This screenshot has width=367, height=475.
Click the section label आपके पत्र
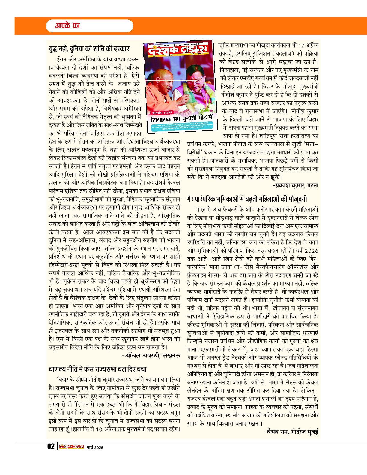[x=67, y=26]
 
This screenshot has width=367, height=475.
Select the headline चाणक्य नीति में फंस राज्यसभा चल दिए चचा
[x=97, y=369]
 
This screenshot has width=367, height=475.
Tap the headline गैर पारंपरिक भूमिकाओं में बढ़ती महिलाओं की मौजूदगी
[x=247, y=199]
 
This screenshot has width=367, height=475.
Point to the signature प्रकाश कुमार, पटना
[x=296, y=186]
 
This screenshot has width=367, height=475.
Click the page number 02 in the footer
[x=51, y=447]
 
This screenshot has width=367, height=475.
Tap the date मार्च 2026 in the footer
[x=95, y=447]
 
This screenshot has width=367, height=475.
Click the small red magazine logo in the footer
[x=71, y=447]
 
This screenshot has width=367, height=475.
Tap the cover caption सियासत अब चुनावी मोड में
[x=181, y=118]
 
